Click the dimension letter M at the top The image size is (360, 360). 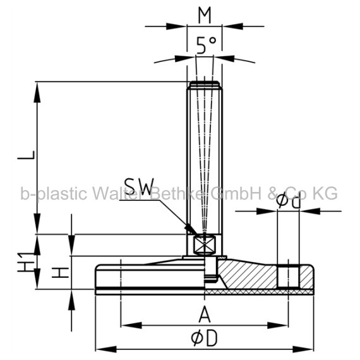(205, 16)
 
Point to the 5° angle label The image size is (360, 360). (207, 45)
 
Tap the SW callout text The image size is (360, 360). (139, 187)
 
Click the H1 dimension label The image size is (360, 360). (26, 262)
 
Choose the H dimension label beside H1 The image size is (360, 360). (60, 272)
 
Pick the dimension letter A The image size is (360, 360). (205, 314)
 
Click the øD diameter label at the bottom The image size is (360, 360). (204, 339)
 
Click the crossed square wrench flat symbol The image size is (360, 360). (204, 245)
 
